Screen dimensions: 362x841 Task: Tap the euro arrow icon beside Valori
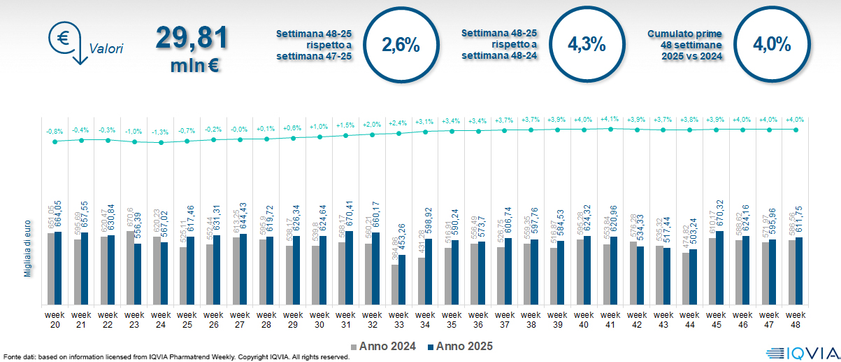point(66,42)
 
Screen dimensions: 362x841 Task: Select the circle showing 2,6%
point(401,46)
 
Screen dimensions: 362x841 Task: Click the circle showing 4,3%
point(586,45)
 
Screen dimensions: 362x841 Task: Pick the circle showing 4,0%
point(772,45)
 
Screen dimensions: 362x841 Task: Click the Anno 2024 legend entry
point(382,346)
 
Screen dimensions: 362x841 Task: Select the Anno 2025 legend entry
point(459,346)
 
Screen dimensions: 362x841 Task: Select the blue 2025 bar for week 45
point(720,267)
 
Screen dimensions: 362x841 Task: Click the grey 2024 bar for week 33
point(394,284)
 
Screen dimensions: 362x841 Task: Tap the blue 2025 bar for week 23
point(137,274)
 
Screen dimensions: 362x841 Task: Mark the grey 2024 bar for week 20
point(50,269)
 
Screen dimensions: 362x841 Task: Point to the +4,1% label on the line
point(610,119)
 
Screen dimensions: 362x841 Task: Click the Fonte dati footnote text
point(175,356)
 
